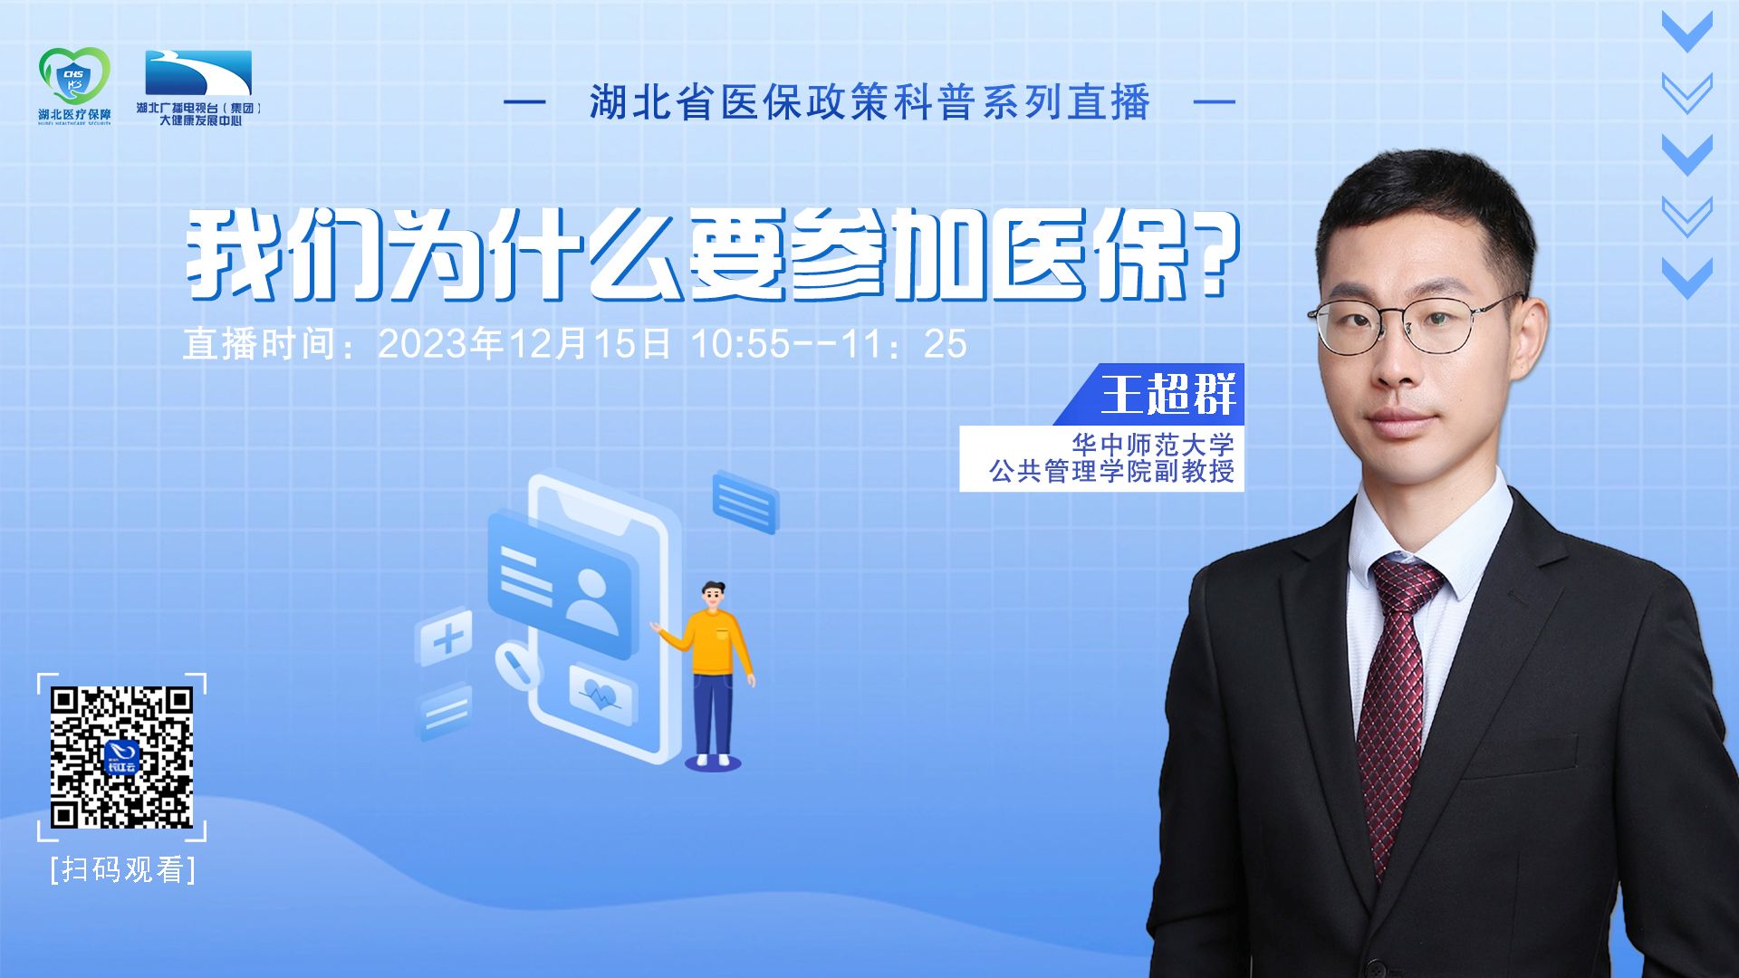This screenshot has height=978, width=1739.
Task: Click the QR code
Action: coord(122,758)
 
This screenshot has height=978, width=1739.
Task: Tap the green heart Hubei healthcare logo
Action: coord(74,77)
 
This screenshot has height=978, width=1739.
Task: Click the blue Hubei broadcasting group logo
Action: coord(198,72)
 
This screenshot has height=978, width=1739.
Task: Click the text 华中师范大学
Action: coord(1153,445)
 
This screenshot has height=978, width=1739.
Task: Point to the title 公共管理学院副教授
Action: coord(1112,472)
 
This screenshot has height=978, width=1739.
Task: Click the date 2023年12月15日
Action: coord(524,344)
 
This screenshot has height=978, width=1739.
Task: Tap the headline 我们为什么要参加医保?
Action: coord(711,256)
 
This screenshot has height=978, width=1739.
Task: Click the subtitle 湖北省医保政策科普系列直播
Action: coord(869,102)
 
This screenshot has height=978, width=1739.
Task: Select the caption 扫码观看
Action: coord(123,869)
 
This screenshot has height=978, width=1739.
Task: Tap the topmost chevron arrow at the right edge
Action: coord(1687,32)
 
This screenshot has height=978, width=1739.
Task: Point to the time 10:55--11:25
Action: coord(829,344)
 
